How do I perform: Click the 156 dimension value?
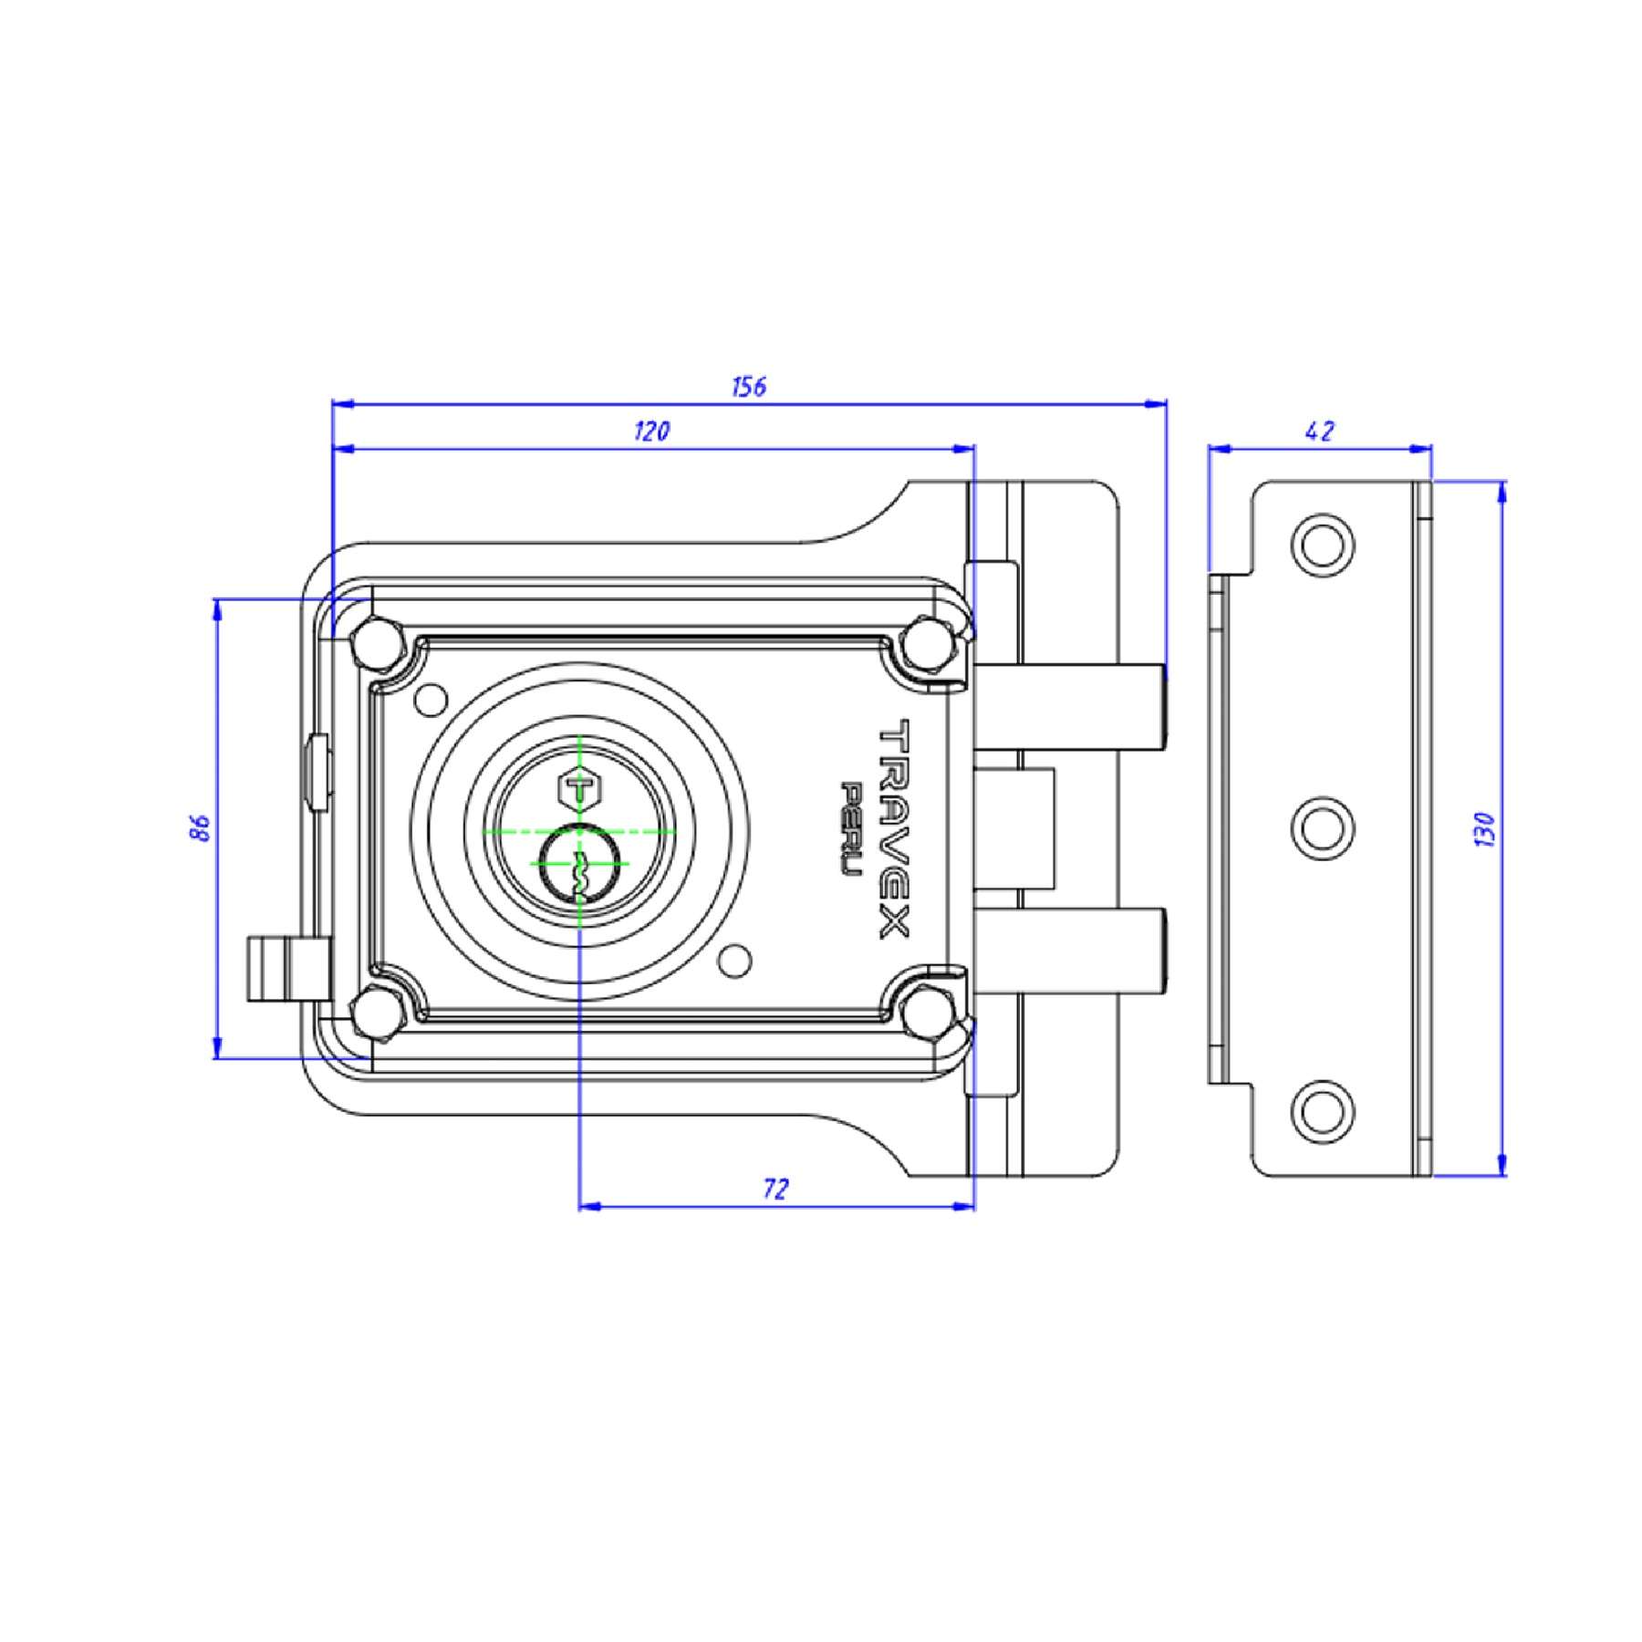[749, 387]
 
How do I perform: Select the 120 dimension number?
[652, 431]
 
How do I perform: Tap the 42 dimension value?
[1320, 431]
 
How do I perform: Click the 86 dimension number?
[201, 828]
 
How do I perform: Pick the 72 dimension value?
[774, 1189]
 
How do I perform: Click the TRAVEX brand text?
[894, 828]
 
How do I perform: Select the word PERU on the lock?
[851, 829]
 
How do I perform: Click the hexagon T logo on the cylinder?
[577, 787]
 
